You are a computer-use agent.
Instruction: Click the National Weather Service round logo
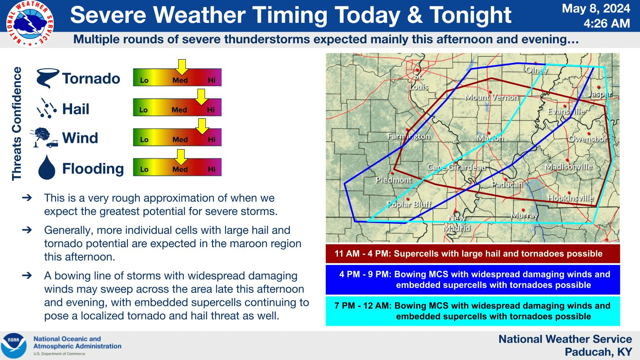click(30, 23)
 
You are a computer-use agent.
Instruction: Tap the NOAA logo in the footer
click(14, 345)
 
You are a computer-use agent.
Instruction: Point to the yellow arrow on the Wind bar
click(202, 126)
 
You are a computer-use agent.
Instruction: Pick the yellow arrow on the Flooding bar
click(181, 157)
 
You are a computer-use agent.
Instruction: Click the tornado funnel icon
click(47, 78)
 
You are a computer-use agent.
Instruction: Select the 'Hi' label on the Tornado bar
click(212, 80)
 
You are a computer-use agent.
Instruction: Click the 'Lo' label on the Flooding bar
click(144, 170)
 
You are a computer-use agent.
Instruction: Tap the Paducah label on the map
click(507, 185)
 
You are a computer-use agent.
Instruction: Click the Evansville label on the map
click(566, 111)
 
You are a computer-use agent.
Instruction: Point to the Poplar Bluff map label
click(409, 204)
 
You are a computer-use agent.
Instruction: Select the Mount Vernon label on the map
click(492, 97)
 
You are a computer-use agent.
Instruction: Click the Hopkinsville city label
click(570, 198)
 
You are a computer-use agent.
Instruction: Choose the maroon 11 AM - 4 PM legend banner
click(472, 254)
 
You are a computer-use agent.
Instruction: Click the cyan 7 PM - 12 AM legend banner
click(472, 311)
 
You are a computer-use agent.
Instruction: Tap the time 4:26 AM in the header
click(607, 23)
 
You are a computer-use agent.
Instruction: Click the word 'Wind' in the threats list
click(80, 138)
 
